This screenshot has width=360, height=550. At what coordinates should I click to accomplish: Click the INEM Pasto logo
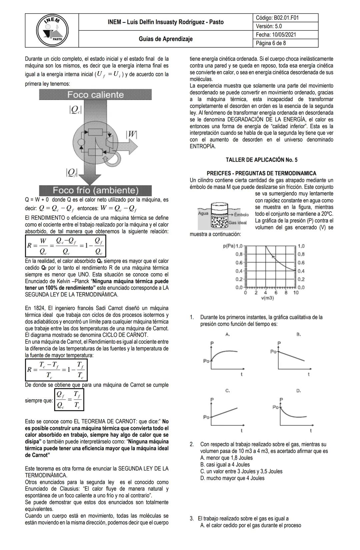(52, 31)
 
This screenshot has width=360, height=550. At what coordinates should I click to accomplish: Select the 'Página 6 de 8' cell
(271, 43)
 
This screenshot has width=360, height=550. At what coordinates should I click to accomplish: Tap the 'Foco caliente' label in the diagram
(95, 95)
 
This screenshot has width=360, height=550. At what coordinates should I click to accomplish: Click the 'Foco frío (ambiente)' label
(95, 191)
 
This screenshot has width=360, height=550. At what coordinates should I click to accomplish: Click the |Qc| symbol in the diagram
(75, 110)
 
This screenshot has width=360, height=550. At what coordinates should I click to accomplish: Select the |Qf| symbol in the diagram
(72, 172)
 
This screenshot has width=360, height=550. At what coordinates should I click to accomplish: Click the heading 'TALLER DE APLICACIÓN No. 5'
(261, 160)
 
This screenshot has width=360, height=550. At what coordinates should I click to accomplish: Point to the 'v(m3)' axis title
(267, 298)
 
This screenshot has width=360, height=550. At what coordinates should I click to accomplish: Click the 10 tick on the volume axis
(296, 292)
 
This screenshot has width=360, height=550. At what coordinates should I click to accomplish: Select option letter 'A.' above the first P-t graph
(228, 334)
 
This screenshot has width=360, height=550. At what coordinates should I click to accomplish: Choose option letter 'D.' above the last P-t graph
(298, 390)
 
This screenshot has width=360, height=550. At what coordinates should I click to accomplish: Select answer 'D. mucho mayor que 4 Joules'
(232, 478)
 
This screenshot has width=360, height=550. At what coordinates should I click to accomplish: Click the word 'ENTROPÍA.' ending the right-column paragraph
(203, 147)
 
